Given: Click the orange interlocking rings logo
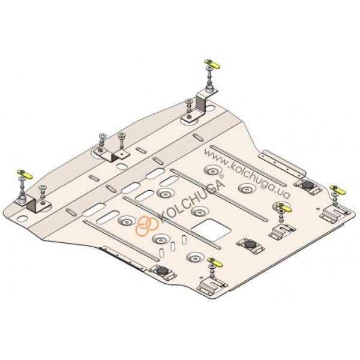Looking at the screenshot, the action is tap(147, 226).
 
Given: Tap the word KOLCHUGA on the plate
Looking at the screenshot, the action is tap(191, 202).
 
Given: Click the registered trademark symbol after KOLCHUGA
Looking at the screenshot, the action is tap(221, 176).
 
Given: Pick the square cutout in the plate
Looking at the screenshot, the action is tap(211, 230).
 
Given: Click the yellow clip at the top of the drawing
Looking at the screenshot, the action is tap(212, 64).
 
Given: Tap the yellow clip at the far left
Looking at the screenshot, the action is tap(25, 174).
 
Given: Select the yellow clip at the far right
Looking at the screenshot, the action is tap(338, 190).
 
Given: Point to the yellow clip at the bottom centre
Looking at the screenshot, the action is tap(215, 262).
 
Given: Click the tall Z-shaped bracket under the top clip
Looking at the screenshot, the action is tap(202, 103).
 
